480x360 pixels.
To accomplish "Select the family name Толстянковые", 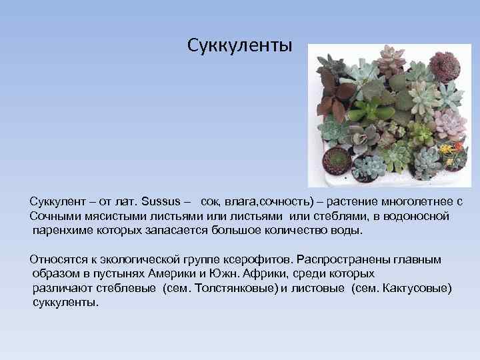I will [238, 288].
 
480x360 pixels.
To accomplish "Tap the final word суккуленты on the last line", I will [65, 303].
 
